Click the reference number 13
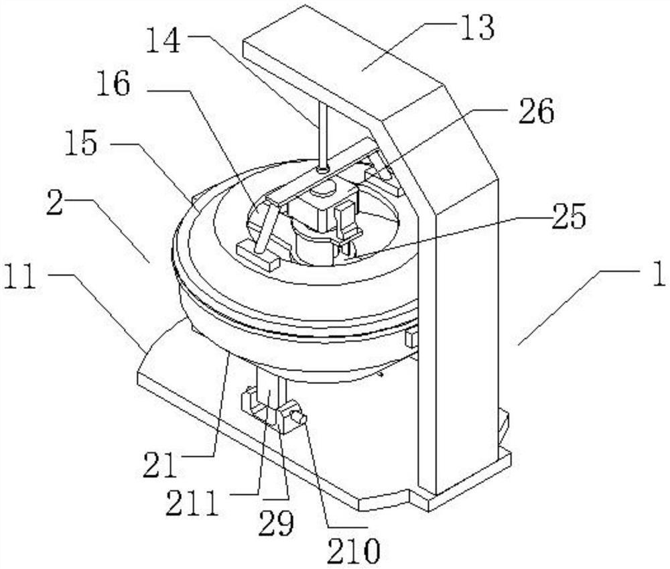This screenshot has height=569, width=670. pos(478,27)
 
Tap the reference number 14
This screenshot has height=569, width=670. pos(163,40)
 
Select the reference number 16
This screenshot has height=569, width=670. pos(113,83)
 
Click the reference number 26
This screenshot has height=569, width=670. pos(537,111)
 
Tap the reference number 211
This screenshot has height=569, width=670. pos(192,502)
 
